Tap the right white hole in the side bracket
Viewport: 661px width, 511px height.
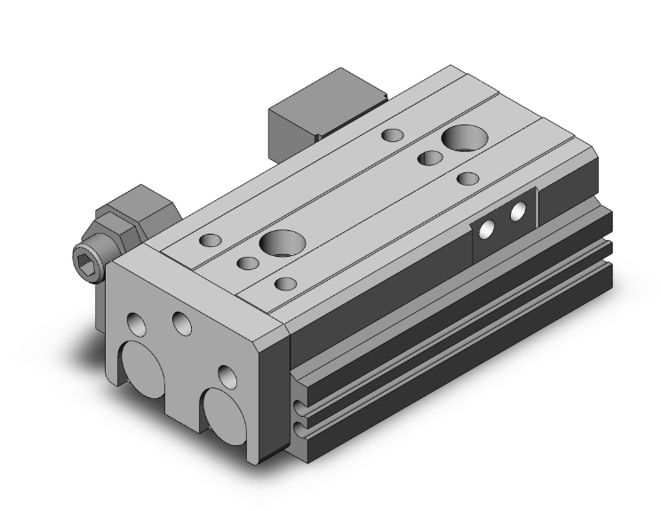(518, 212)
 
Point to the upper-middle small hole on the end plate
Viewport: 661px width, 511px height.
(182, 324)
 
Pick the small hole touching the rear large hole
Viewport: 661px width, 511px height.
(430, 158)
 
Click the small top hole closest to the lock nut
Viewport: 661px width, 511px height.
(210, 240)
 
